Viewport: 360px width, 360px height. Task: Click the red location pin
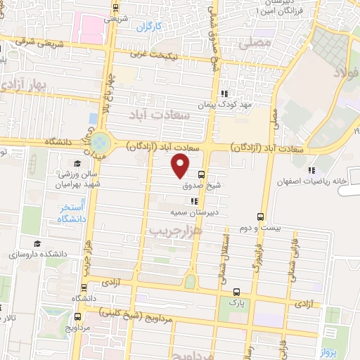click(x=181, y=165)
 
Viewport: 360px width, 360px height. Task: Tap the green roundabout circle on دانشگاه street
click(x=101, y=141)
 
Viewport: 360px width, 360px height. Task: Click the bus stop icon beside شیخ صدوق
click(x=202, y=174)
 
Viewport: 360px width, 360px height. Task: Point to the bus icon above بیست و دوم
click(x=261, y=217)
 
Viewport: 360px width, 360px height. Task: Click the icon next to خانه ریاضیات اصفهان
click(x=311, y=169)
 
